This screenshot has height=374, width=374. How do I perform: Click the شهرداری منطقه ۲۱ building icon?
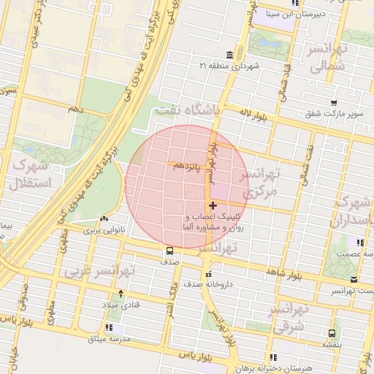point(230,56)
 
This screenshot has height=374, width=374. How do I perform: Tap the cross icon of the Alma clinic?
point(213,206)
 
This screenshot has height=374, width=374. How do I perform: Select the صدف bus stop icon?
point(169,251)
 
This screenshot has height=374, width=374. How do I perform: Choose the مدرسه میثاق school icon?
point(109,327)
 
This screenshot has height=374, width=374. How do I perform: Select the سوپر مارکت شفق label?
point(333,114)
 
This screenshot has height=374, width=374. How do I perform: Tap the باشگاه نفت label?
point(187,110)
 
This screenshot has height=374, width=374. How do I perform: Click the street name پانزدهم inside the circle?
point(187,167)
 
